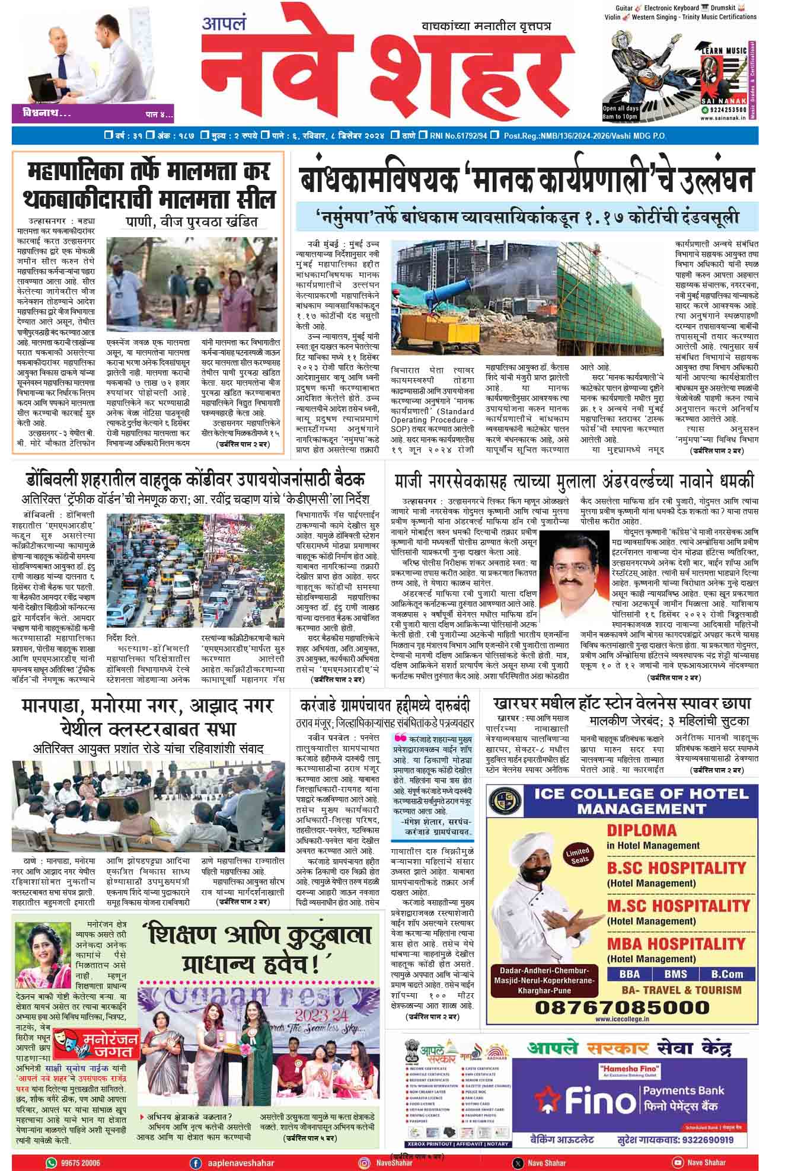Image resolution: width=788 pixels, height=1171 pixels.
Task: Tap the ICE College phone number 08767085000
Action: [x=622, y=1007]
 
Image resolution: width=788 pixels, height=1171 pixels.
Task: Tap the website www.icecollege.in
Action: [x=622, y=1019]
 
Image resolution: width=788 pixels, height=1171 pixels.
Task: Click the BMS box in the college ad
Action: [x=675, y=974]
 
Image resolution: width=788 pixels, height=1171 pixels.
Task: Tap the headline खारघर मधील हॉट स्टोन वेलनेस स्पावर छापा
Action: [x=622, y=703]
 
